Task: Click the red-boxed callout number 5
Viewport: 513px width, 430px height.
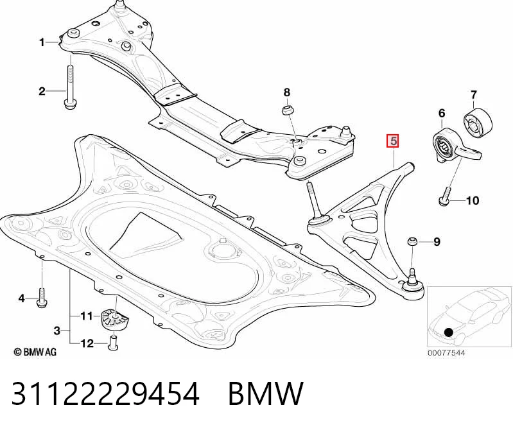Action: pyautogui.click(x=393, y=141)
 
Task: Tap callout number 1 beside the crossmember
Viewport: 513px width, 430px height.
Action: pyautogui.click(x=42, y=42)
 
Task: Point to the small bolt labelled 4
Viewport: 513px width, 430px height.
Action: pyautogui.click(x=42, y=297)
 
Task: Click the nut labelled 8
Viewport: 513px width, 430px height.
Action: pyautogui.click(x=287, y=110)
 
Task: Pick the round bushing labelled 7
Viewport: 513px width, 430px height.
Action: pyautogui.click(x=478, y=123)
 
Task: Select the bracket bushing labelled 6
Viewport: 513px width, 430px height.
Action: pyautogui.click(x=456, y=146)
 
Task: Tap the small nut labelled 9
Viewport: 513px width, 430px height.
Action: pyautogui.click(x=412, y=243)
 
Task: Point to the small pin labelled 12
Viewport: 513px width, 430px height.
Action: pyautogui.click(x=113, y=342)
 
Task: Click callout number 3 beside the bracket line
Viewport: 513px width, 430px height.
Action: pyautogui.click(x=57, y=331)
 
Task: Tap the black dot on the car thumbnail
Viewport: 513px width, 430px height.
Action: pyautogui.click(x=449, y=332)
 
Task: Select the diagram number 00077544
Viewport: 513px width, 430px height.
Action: pyautogui.click(x=446, y=353)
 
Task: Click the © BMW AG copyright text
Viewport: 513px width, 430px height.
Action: pyautogui.click(x=35, y=352)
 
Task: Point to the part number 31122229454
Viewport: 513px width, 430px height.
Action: pyautogui.click(x=105, y=393)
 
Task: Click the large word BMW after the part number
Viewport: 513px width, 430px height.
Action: pyautogui.click(x=266, y=393)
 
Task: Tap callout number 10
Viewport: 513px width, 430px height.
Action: pyautogui.click(x=472, y=200)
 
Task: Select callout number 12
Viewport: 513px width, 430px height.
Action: pyautogui.click(x=87, y=343)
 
